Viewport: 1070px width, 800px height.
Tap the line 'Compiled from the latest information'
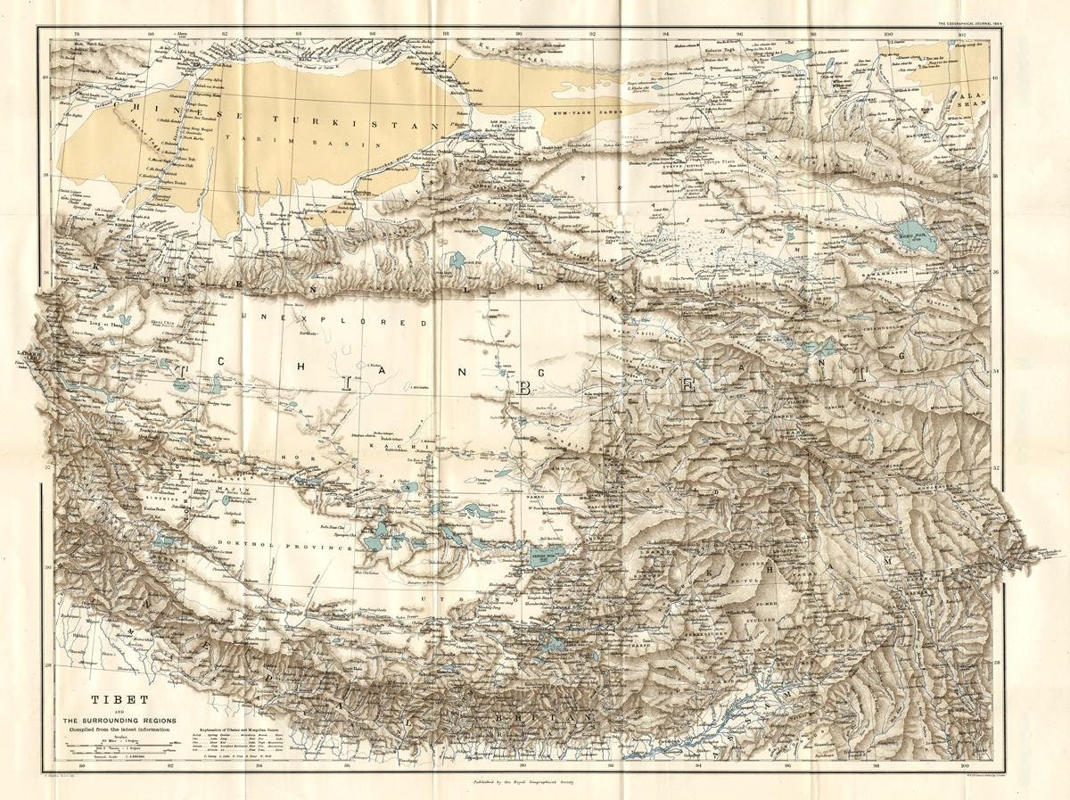coord(119,730)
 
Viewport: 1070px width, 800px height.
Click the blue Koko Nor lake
coord(916,237)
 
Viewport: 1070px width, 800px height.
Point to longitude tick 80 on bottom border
coord(82,764)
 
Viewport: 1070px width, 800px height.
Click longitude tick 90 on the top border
coord(518,34)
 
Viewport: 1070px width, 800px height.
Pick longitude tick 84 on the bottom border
coord(259,764)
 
